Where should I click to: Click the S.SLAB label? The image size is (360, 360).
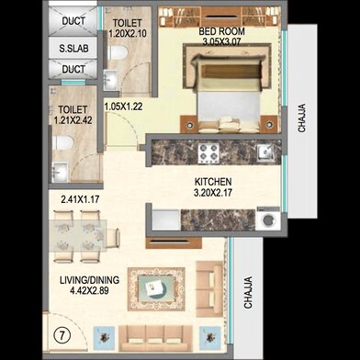(x=73, y=47)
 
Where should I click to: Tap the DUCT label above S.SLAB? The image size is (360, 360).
(x=73, y=21)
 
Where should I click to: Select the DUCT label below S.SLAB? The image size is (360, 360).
(x=73, y=69)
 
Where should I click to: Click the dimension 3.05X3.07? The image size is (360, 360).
(x=219, y=42)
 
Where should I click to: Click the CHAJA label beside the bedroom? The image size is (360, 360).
(x=302, y=121)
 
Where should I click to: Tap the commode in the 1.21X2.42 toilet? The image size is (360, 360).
(x=61, y=143)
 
